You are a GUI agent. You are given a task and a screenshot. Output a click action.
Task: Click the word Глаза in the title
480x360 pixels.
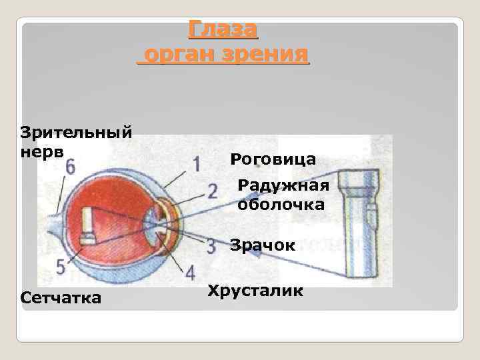(x=223, y=29)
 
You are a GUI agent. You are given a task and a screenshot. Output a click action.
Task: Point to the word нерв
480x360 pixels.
(x=42, y=151)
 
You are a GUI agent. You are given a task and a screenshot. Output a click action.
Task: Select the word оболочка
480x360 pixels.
(x=281, y=205)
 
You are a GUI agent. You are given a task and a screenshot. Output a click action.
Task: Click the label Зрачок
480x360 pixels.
(x=263, y=245)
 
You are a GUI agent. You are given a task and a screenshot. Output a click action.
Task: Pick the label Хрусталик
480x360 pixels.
(x=255, y=291)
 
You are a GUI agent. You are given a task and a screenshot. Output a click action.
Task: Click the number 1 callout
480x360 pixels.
(x=196, y=163)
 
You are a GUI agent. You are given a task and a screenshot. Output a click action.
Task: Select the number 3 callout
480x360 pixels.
(x=211, y=245)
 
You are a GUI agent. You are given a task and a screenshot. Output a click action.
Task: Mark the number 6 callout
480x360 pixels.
(x=70, y=167)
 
